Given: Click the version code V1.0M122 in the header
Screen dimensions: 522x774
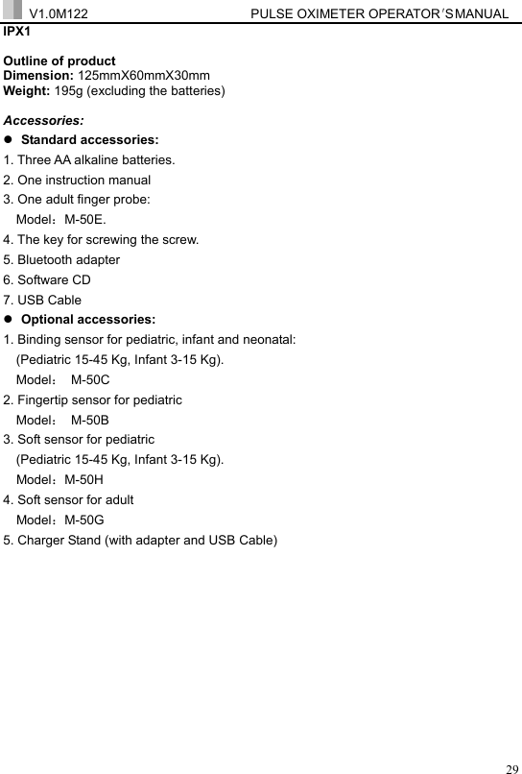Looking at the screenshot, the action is point(59,14).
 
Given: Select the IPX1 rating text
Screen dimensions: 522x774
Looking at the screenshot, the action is point(18,31).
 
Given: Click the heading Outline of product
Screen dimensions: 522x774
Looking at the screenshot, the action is point(59,60).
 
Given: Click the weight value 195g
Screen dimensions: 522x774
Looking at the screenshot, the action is point(95,90).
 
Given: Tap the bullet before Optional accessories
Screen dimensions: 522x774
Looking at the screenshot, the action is point(10,320).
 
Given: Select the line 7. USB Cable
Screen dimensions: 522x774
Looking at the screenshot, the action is point(43,300).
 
